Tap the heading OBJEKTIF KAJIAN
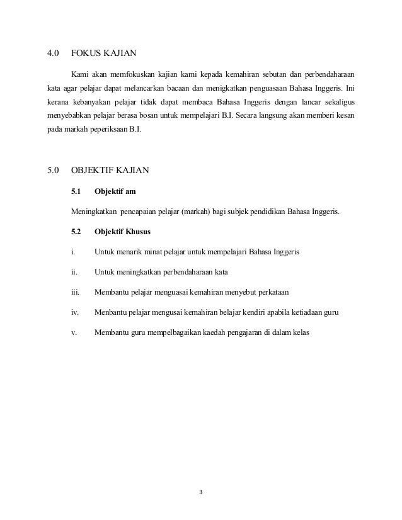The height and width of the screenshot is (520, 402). [x=112, y=171]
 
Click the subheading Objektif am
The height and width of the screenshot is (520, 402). [x=115, y=191]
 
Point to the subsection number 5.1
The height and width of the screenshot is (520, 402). [x=77, y=191]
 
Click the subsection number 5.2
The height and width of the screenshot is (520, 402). [x=77, y=232]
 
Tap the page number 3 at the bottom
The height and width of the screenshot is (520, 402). [x=200, y=492]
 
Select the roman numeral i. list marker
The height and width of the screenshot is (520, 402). [x=74, y=252]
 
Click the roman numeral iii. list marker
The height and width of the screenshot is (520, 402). [x=76, y=292]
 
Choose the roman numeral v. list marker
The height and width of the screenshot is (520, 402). [x=74, y=332]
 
